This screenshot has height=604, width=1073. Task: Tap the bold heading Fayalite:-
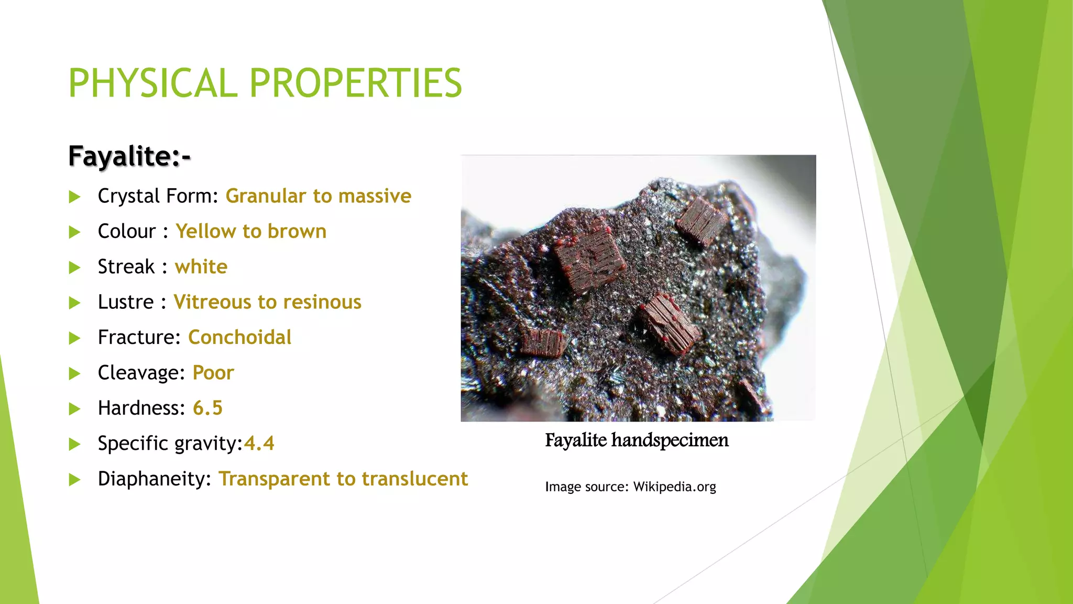[x=129, y=156]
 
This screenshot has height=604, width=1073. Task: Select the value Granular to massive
[x=318, y=196]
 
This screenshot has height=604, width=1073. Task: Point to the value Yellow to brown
[x=250, y=231]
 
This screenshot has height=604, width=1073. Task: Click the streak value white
[x=201, y=267]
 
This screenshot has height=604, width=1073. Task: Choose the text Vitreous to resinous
[x=267, y=302]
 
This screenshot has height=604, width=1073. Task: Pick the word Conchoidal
[x=239, y=337]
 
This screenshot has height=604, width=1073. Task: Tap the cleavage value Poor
[x=213, y=373]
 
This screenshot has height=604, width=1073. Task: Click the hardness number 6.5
[x=207, y=408]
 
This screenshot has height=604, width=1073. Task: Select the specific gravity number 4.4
[x=259, y=444]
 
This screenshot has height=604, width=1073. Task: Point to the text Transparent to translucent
[x=343, y=479]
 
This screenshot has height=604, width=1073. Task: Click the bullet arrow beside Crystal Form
[x=75, y=197]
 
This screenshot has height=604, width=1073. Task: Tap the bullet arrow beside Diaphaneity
[x=75, y=480]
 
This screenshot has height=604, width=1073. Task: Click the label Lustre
[x=126, y=302]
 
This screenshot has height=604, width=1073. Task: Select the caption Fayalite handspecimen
[x=637, y=440]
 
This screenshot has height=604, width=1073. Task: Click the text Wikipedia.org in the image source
[x=674, y=487]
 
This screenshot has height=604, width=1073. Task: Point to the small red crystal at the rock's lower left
[x=543, y=343]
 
